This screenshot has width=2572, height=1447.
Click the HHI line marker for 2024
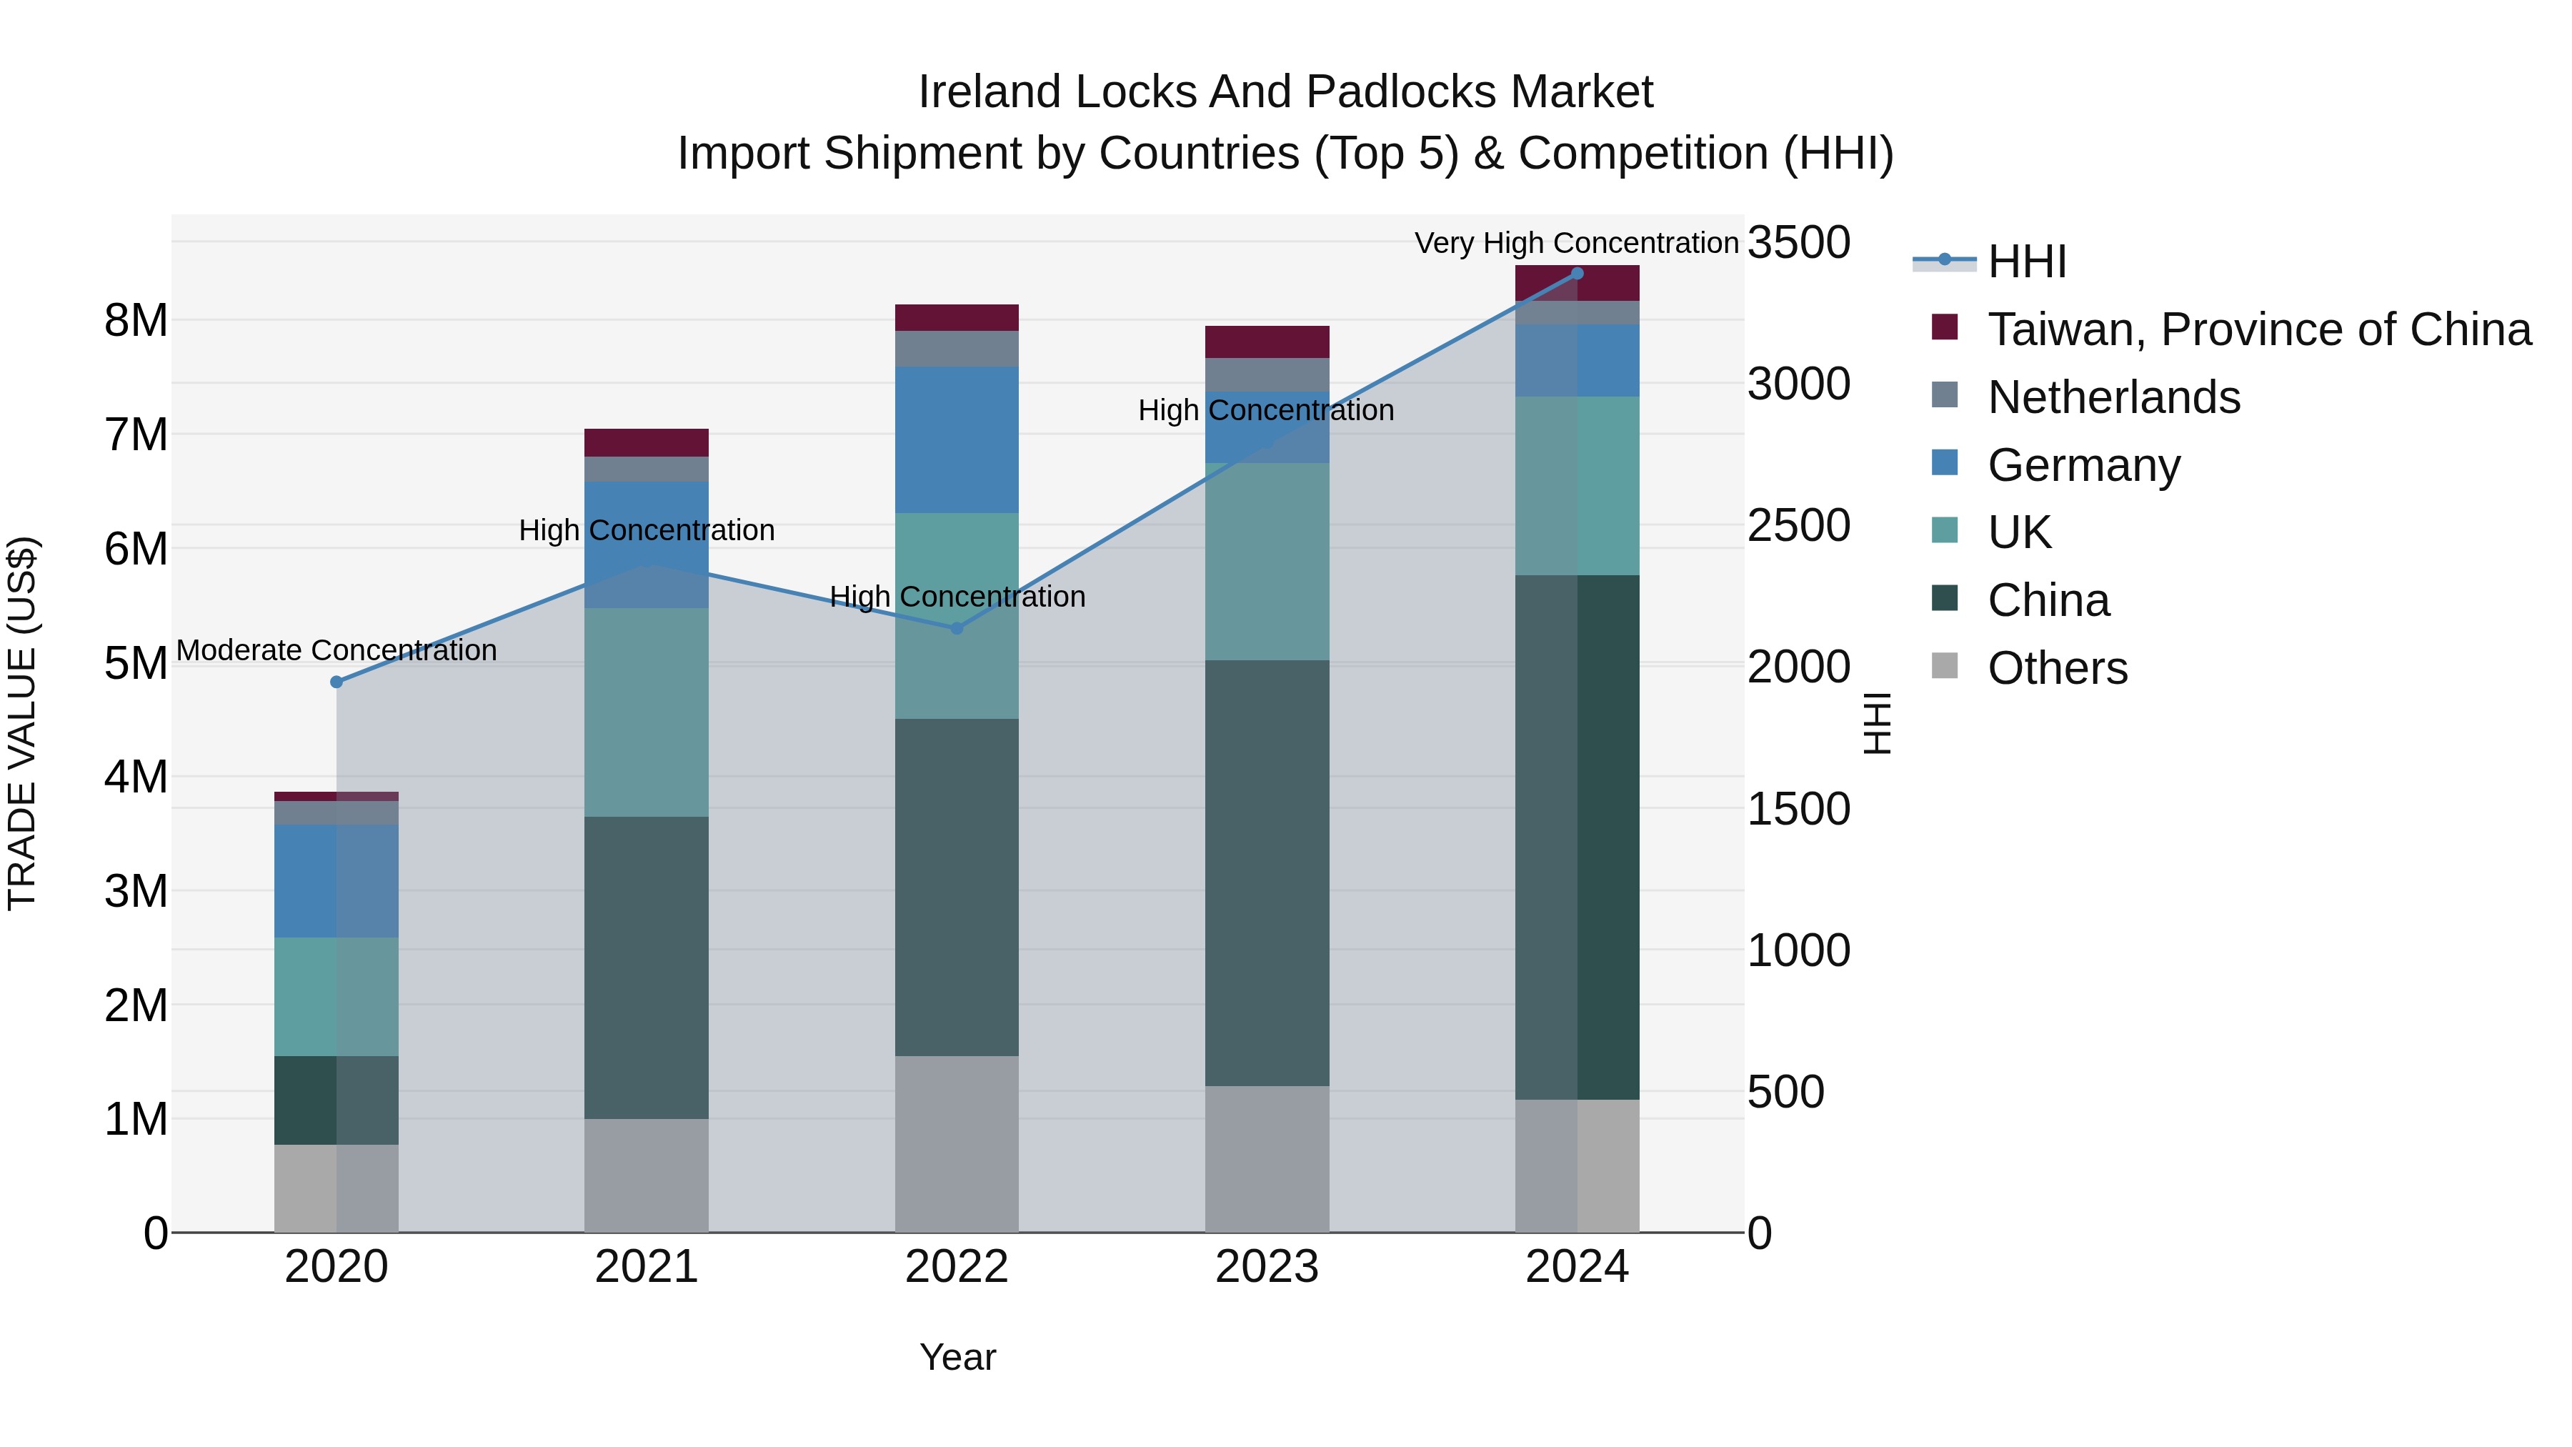tap(1577, 273)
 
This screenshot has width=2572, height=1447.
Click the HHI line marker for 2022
tap(957, 628)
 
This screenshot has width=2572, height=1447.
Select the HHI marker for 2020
tap(337, 682)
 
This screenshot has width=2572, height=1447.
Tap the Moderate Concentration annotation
tap(337, 650)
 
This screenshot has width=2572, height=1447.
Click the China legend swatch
tap(1945, 600)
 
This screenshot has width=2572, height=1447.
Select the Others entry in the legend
tap(2057, 668)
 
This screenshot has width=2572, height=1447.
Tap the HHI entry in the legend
tap(2026, 262)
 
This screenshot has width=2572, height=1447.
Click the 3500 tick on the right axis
tap(1798, 243)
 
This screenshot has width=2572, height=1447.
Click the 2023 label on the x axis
tap(1266, 1267)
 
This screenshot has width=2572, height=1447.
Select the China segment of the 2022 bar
tap(957, 887)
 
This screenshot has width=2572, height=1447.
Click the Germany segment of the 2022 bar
tap(957, 439)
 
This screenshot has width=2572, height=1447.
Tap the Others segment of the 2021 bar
tap(646, 1175)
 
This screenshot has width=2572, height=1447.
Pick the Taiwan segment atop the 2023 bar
tap(1266, 342)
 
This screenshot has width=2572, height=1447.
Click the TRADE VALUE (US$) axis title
tap(22, 723)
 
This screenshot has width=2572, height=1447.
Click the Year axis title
tap(957, 1357)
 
